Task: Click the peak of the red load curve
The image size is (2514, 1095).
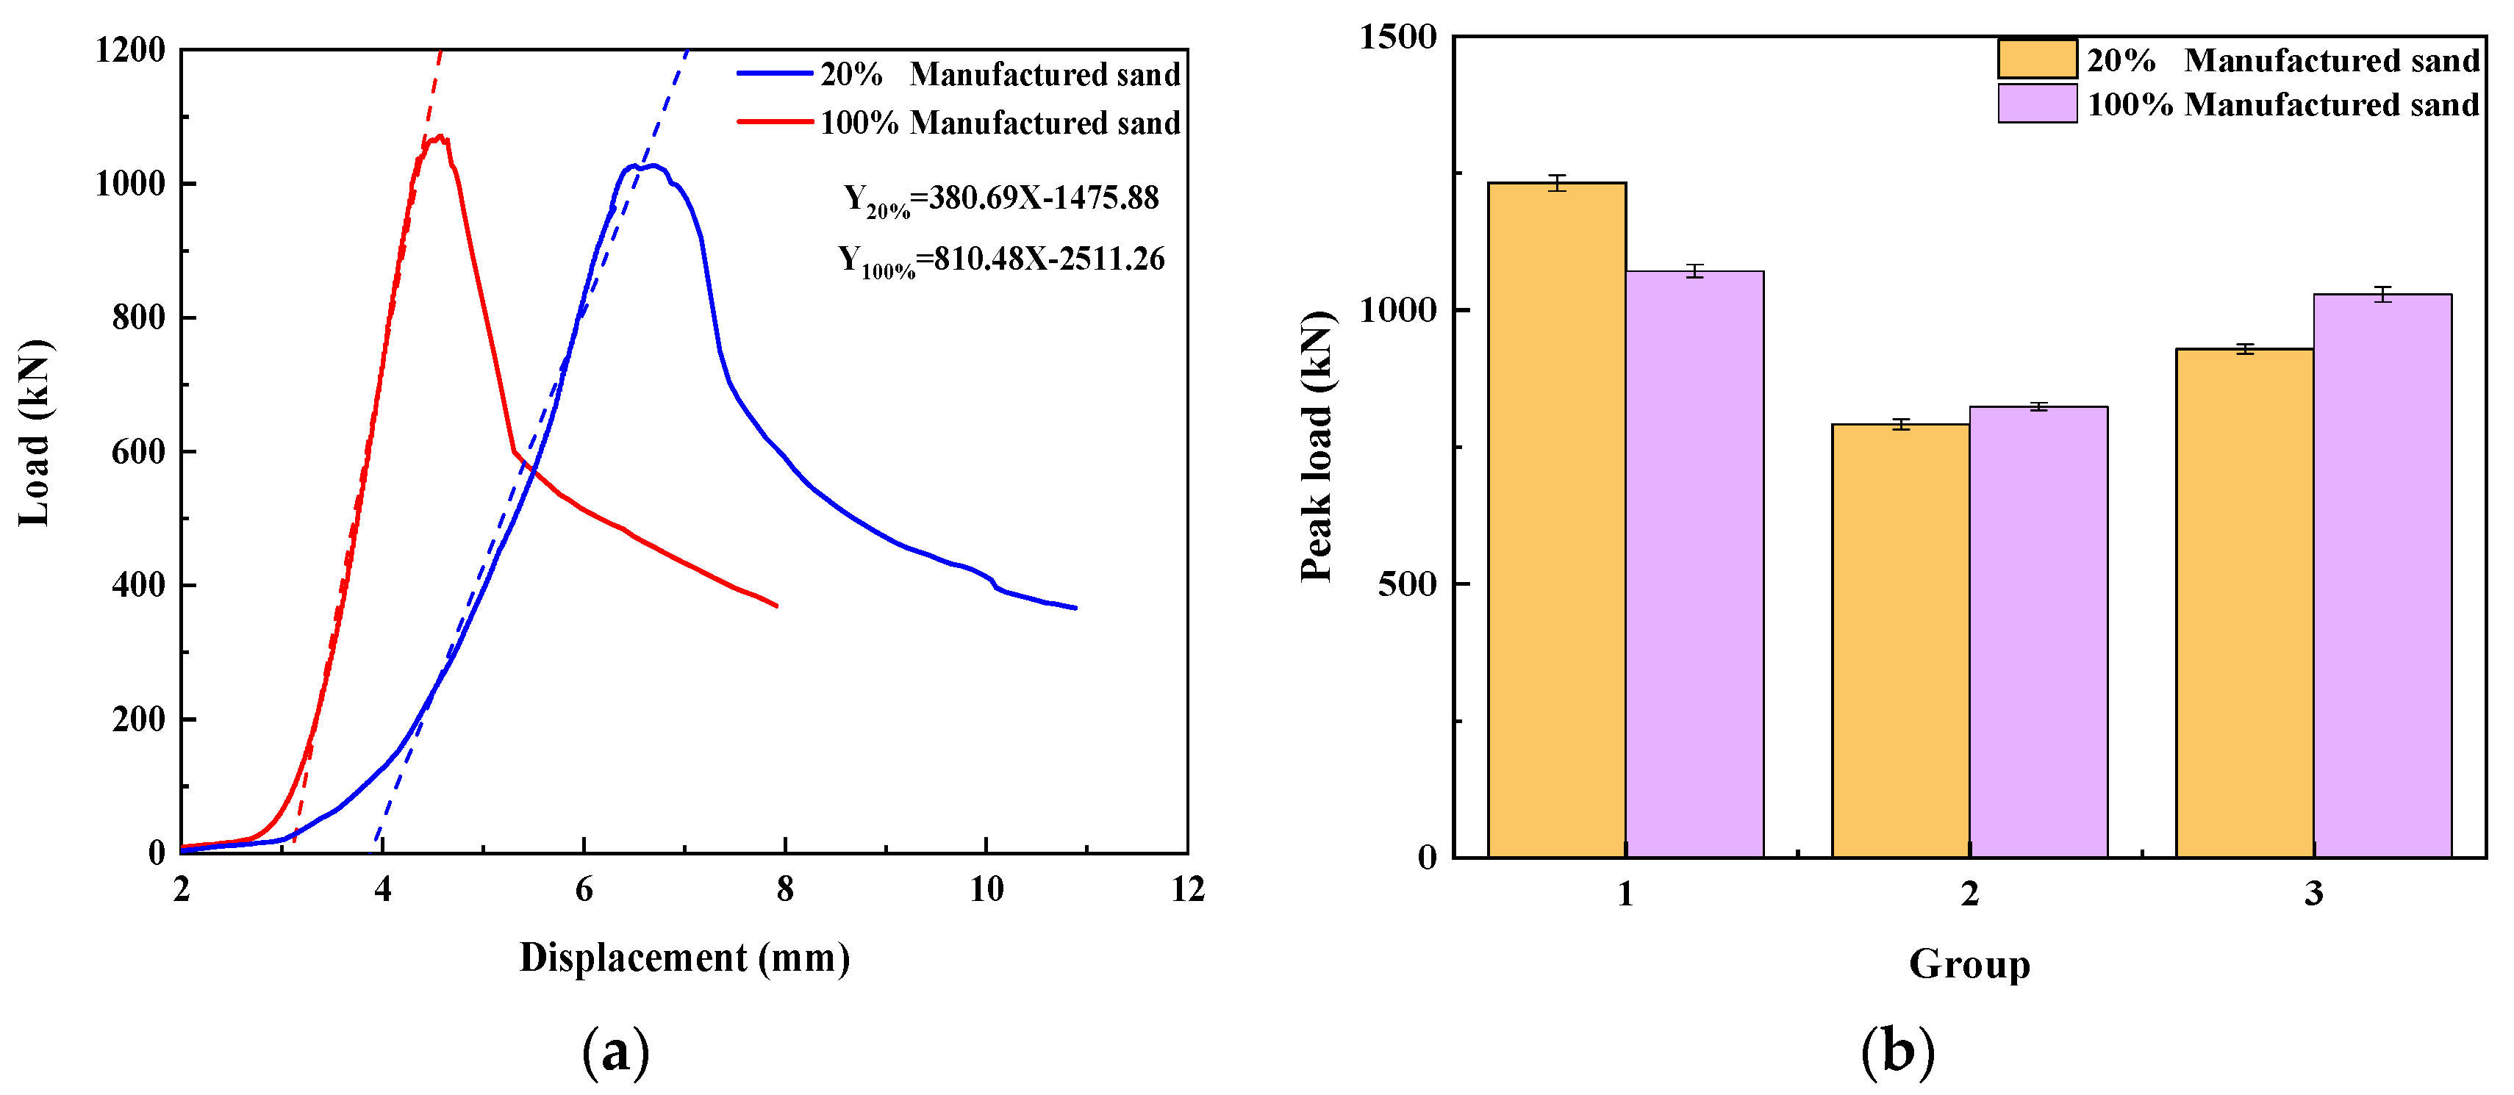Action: click(x=440, y=137)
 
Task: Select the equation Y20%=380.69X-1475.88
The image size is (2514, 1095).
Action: click(x=1000, y=199)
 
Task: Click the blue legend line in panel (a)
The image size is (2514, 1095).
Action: click(x=775, y=73)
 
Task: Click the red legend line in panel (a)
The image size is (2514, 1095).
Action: click(x=775, y=122)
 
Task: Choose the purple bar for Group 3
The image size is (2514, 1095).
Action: click(x=2382, y=576)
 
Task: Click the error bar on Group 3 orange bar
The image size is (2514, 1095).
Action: click(x=2245, y=348)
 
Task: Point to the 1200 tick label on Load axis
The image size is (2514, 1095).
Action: click(x=130, y=50)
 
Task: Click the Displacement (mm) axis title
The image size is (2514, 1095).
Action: click(x=684, y=958)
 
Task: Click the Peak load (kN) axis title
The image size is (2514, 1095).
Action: click(x=1317, y=446)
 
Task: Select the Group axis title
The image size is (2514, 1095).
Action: click(x=1969, y=964)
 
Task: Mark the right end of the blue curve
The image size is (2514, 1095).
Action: click(x=1075, y=608)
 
